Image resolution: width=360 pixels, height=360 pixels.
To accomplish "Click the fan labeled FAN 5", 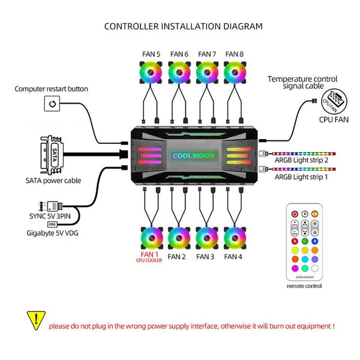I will (x=151, y=74).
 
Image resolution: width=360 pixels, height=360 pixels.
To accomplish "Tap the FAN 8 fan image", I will (x=236, y=74).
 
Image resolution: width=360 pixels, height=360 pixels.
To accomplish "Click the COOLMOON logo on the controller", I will (x=193, y=154).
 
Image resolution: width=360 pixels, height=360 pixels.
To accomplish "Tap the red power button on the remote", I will (x=295, y=214).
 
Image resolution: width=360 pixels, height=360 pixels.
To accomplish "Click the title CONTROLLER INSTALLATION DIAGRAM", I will (x=183, y=26).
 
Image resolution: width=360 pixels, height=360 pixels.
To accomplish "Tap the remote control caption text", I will (x=305, y=286).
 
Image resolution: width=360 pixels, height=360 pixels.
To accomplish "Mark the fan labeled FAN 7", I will (x=208, y=74).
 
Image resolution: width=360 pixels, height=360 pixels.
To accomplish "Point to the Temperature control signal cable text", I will (x=302, y=83).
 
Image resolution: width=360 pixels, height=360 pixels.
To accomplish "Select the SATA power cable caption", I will (x=53, y=180).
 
